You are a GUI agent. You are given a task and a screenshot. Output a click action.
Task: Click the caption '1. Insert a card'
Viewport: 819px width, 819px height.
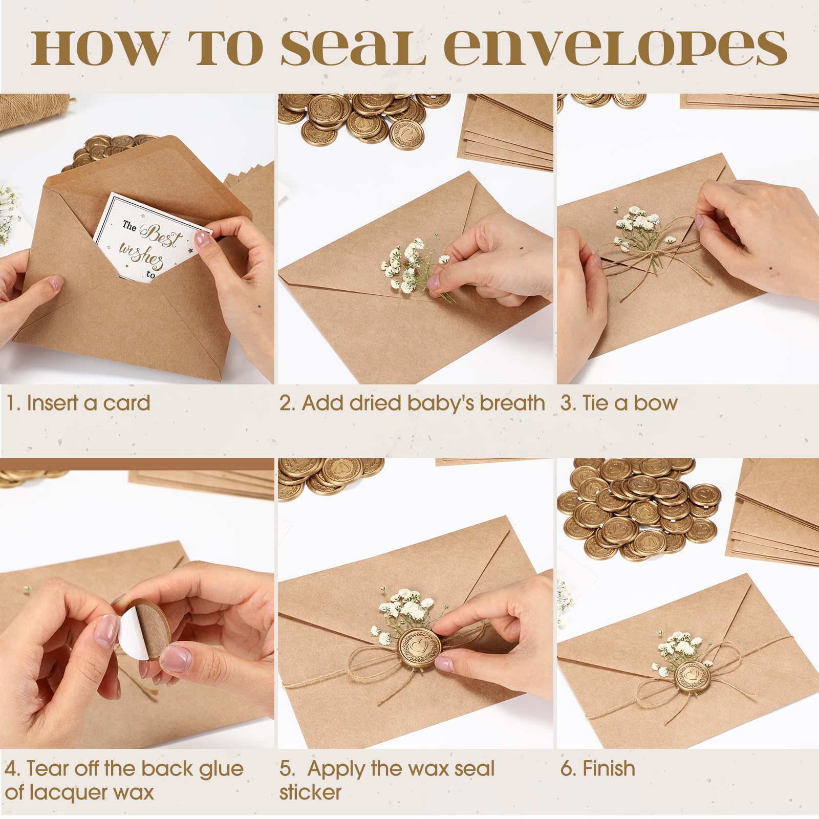(x=78, y=403)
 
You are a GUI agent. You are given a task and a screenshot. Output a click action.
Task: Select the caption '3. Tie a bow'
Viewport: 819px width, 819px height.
(x=619, y=403)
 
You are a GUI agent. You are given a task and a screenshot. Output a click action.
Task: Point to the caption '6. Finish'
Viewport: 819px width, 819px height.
(x=597, y=768)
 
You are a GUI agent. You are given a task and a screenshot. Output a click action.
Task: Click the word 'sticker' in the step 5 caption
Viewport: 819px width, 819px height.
(x=310, y=792)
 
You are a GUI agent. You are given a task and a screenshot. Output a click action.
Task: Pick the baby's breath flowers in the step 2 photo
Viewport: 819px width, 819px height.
(x=409, y=266)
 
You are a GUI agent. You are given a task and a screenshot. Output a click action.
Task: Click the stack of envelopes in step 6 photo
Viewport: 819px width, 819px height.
(x=775, y=512)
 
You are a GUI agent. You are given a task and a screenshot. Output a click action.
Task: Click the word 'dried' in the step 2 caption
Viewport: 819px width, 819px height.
(x=377, y=403)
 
